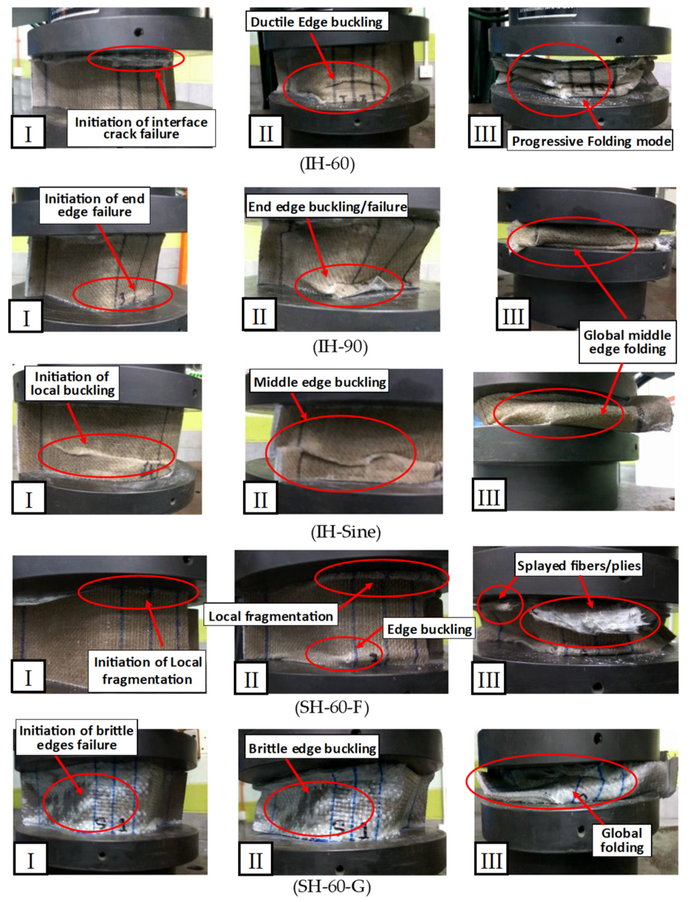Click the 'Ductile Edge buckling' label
(x=317, y=22)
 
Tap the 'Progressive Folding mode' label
(x=590, y=141)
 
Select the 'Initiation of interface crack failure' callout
(x=141, y=128)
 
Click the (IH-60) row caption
(x=327, y=164)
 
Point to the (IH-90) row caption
(x=340, y=346)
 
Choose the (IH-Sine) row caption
(x=345, y=531)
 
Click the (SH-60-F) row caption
(x=331, y=707)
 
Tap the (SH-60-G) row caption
(x=332, y=886)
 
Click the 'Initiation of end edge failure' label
(x=94, y=205)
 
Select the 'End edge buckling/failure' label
(x=327, y=207)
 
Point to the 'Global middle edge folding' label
(x=627, y=342)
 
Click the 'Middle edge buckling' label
(x=320, y=382)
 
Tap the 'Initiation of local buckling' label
(x=72, y=383)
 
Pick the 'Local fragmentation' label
(x=270, y=616)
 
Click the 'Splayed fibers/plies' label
(x=578, y=565)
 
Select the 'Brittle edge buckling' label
(x=312, y=748)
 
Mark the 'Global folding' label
(x=622, y=840)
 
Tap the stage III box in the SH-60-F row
(x=488, y=679)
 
